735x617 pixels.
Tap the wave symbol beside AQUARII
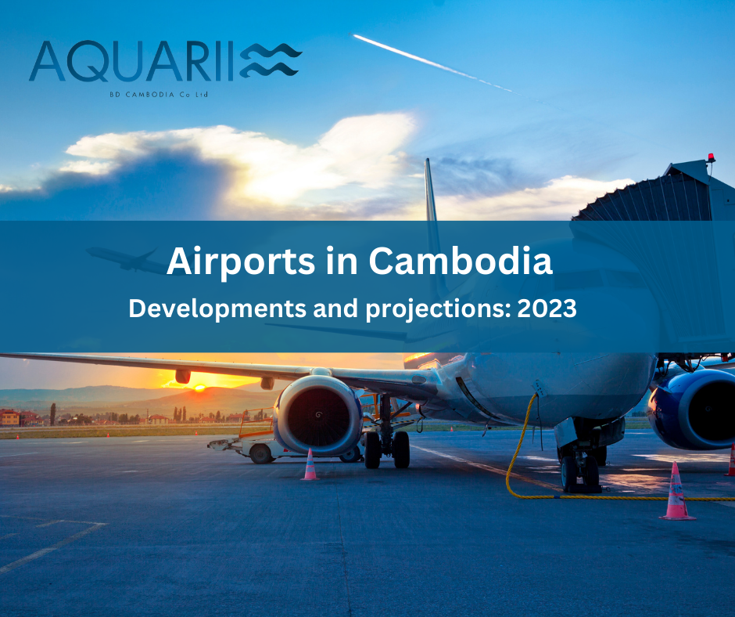coord(271,61)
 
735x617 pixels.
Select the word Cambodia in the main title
coord(461,261)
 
